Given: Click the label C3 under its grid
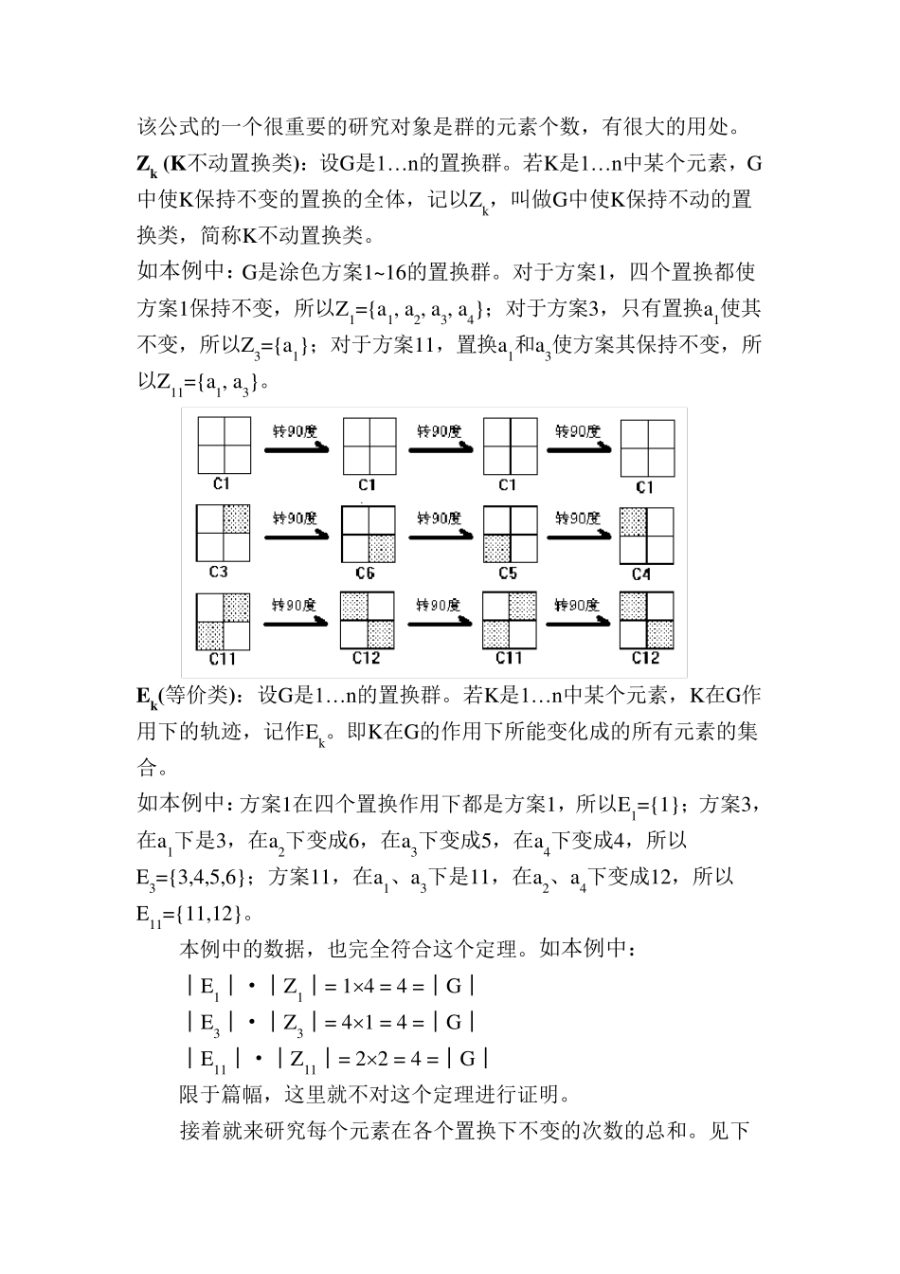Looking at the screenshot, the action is [219, 572].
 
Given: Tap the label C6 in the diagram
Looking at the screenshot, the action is [365, 573].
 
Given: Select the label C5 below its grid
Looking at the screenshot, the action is [508, 573].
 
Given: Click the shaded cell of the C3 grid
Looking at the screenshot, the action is [237, 519].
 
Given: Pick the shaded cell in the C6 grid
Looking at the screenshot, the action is [381, 549].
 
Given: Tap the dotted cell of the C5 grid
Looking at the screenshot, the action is [496, 548].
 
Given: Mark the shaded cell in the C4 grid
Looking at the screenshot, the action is [633, 521].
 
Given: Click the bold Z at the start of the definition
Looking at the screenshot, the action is [144, 164].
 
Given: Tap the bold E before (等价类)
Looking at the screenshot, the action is [143, 697].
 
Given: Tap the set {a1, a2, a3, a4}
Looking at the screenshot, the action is [424, 309].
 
